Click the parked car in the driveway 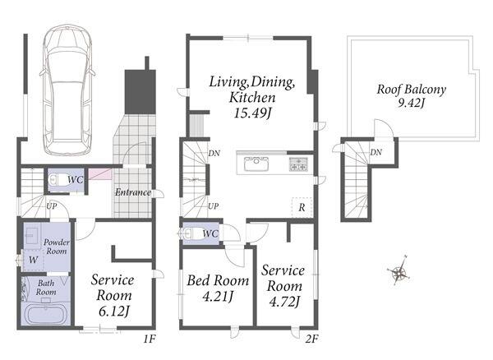pyautogui.click(x=67, y=90)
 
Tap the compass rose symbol pyautogui.click(x=399, y=271)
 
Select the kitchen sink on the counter pyautogui.click(x=256, y=164)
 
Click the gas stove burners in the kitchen pyautogui.click(x=298, y=164)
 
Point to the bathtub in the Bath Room pyautogui.click(x=46, y=314)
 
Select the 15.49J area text pyautogui.click(x=252, y=113)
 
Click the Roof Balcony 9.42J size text pyautogui.click(x=412, y=103)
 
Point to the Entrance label pyautogui.click(x=132, y=192)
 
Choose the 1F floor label pyautogui.click(x=150, y=339)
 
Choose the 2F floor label pyautogui.click(x=311, y=339)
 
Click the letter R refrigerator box pyautogui.click(x=302, y=207)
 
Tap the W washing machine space pyautogui.click(x=33, y=260)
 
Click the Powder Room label pyautogui.click(x=57, y=247)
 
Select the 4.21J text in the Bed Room pyautogui.click(x=218, y=296)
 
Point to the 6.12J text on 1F pyautogui.click(x=114, y=312)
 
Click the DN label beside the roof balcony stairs pyautogui.click(x=376, y=153)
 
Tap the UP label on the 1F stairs pyautogui.click(x=52, y=206)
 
